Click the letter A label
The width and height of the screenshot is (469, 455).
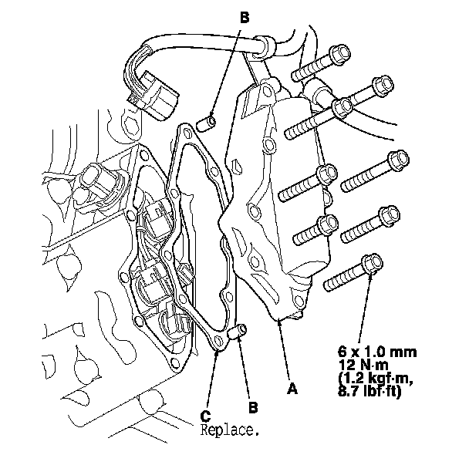(x=292, y=389)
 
